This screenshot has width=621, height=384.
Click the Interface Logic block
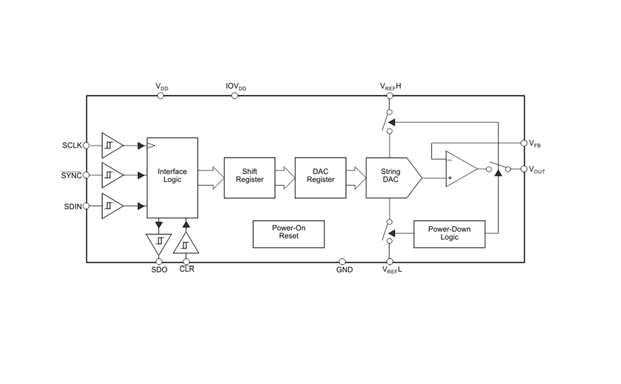[172, 177]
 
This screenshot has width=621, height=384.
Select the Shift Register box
[249, 177]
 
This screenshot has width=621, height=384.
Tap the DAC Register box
[320, 177]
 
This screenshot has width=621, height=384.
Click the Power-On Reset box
[288, 234]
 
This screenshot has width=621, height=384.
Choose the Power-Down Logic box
[449, 234]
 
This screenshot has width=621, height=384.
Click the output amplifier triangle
[460, 169]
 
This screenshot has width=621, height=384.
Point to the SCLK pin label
[72, 146]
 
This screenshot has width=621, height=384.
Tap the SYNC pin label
[71, 175]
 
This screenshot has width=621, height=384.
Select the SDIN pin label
[72, 207]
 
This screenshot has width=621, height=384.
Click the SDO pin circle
[159, 261]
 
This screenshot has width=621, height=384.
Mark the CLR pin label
[187, 270]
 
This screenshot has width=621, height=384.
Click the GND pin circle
[342, 261]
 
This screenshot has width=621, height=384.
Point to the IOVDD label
[236, 87]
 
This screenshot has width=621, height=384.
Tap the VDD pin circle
[160, 95]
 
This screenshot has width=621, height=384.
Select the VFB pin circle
[523, 143]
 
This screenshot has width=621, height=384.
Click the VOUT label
[536, 170]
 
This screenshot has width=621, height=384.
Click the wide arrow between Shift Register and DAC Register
[285, 178]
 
